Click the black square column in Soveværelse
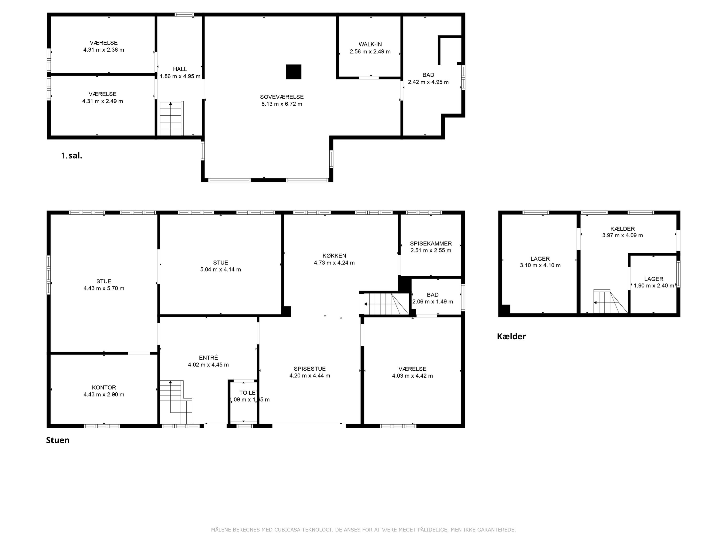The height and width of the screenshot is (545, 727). coord(293,72)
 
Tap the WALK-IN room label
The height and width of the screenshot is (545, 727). coord(370,44)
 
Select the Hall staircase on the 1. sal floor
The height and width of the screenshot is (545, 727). coord(172,119)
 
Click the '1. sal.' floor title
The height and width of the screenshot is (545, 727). coord(72,156)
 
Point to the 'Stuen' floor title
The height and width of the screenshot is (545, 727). coord(58,440)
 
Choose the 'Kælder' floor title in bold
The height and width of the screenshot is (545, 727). coord(511,336)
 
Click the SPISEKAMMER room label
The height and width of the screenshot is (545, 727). coord(431,243)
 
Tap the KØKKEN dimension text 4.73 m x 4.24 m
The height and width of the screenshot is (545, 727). coord(334,263)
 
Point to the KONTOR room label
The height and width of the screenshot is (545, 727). coord(104,388)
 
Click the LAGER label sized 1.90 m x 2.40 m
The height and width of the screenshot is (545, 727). coord(654,279)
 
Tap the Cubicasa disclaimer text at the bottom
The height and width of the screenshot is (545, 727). coord(363,529)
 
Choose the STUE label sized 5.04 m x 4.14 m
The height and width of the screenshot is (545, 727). coord(221,263)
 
